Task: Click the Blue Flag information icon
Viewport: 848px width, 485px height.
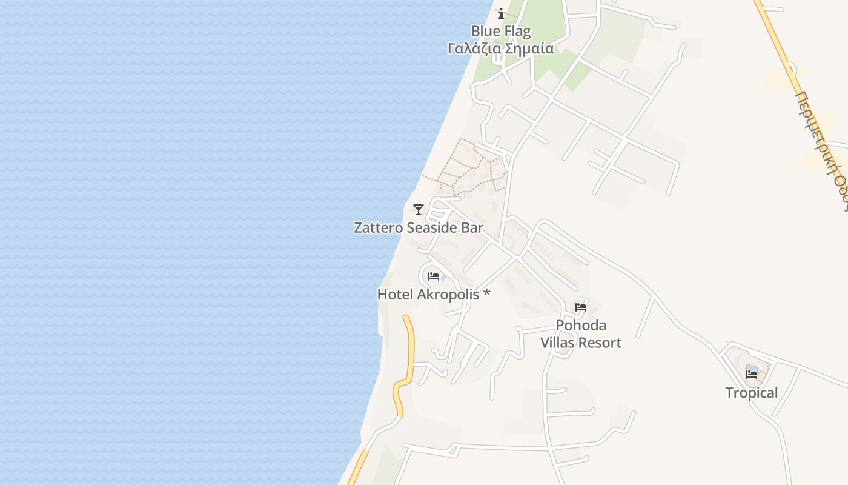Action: (501, 13)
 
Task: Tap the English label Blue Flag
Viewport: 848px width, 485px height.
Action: (500, 31)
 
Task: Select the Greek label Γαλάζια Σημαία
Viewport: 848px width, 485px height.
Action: (500, 48)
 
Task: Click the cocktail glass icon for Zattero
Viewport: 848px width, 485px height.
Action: (418, 210)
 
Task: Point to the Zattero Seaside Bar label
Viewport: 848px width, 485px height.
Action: (419, 228)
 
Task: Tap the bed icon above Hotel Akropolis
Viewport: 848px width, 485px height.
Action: (433, 276)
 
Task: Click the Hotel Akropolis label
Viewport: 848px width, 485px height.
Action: (433, 295)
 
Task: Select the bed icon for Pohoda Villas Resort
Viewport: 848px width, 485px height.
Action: (581, 307)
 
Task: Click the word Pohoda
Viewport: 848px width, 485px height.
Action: (581, 326)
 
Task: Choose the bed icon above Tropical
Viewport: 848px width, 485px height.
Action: (752, 375)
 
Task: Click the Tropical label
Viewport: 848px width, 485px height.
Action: (752, 393)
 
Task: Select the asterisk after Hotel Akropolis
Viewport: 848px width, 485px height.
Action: (486, 294)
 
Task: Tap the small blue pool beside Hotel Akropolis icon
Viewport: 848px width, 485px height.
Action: (443, 278)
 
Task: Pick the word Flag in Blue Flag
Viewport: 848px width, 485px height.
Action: (517, 31)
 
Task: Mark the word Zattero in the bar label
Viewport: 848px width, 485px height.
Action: (379, 228)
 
